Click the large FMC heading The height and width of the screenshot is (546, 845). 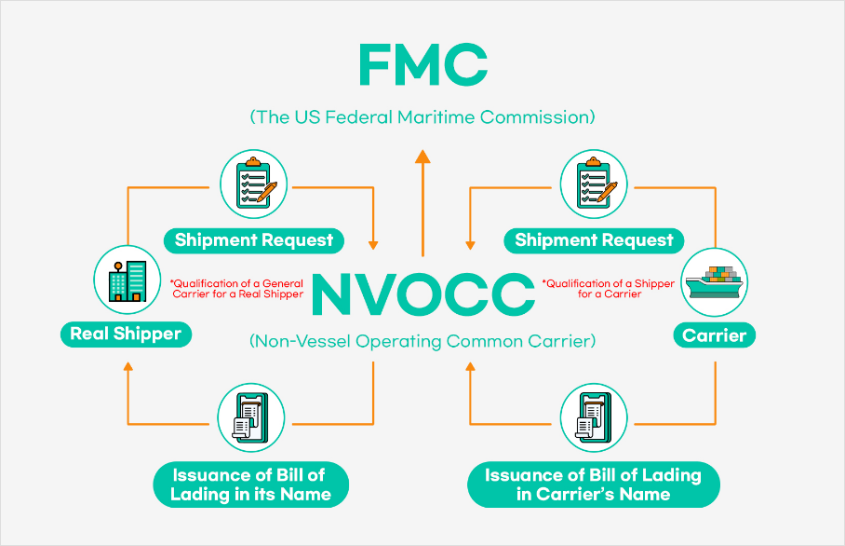point(422,66)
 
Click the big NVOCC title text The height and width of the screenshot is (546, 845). point(422,293)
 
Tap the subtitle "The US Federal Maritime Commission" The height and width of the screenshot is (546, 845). point(422,118)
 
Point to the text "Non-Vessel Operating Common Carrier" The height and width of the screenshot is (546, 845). point(422,341)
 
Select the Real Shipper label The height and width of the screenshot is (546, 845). point(126,334)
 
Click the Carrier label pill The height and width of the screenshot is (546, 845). point(715,334)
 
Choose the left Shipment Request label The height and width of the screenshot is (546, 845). point(254,240)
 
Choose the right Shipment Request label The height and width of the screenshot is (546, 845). point(594,240)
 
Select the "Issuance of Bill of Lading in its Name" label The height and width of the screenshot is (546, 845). point(251,485)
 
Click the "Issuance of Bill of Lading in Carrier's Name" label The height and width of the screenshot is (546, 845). point(593,485)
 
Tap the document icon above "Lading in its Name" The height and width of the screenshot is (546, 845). point(251,416)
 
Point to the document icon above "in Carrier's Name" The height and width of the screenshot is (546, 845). point(594,416)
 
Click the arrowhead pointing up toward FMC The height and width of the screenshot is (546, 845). point(422,157)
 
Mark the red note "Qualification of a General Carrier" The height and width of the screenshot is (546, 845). point(236,289)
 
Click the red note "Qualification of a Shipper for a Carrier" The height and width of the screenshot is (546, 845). point(609,289)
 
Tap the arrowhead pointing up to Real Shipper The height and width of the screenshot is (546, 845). point(127,366)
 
